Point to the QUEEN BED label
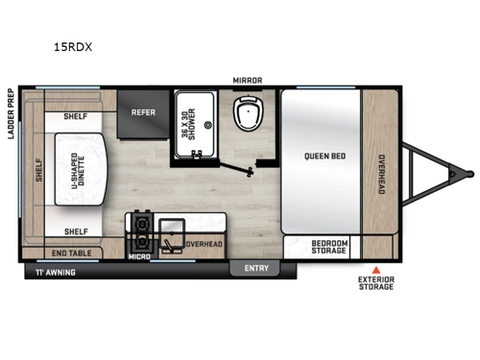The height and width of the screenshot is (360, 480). click(326, 156)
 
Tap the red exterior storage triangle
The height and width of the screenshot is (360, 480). click(376, 270)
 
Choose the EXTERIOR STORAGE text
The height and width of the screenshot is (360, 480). click(376, 285)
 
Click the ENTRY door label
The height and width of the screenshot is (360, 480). click(256, 268)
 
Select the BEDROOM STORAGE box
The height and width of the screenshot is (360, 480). click(329, 247)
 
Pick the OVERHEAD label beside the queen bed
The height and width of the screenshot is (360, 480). click(381, 175)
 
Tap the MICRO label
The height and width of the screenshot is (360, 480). click(139, 257)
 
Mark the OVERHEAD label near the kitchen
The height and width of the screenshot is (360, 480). click(204, 245)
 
